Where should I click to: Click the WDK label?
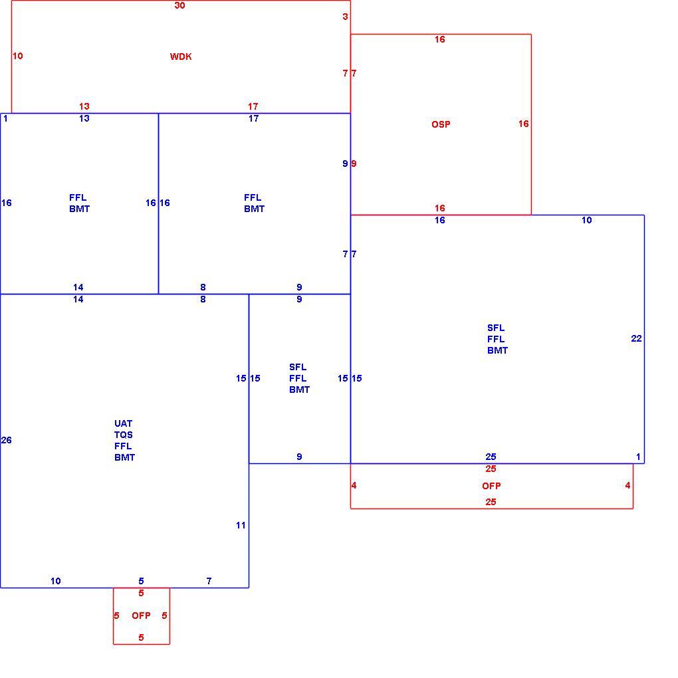point(181,56)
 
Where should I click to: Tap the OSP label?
point(441,124)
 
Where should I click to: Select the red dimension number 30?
point(180,5)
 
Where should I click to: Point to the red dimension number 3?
point(345,17)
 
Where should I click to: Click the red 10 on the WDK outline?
point(18,56)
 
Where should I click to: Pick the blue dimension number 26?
point(7,440)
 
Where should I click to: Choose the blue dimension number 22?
point(637,338)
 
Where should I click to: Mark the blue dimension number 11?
point(241,525)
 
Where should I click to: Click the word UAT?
point(123,424)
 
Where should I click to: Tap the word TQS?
point(123,435)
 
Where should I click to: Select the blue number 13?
point(84,118)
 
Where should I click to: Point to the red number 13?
point(84,106)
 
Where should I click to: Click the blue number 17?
point(253,118)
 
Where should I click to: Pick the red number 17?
point(253,106)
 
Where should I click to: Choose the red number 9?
point(354,164)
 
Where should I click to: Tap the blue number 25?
point(491,457)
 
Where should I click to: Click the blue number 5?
point(141,581)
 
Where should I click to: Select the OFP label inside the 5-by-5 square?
point(141,616)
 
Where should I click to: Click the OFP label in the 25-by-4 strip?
point(491,486)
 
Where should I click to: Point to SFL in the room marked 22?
point(495,328)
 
